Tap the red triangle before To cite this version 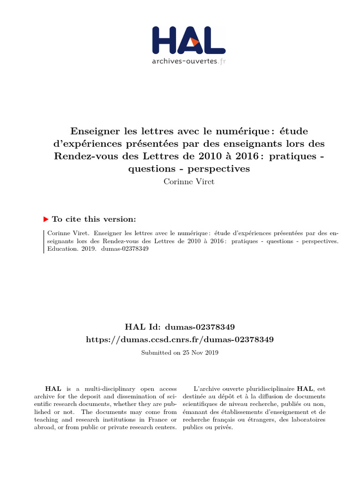point(46,219)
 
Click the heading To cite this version point(94,219)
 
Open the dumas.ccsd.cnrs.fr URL point(180,339)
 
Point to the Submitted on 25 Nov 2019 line point(180,352)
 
